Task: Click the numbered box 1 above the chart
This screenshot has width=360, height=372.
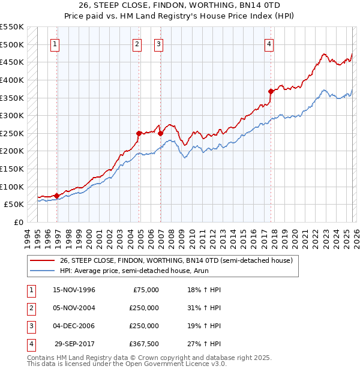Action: pyautogui.click(x=55, y=43)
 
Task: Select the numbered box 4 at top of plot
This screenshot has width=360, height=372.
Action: pyautogui.click(x=269, y=43)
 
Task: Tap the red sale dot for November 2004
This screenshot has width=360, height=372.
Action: pyautogui.click(x=139, y=133)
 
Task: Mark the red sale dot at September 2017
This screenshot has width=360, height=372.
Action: pyautogui.click(x=271, y=91)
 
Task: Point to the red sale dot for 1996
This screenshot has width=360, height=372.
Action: pyautogui.click(x=56, y=195)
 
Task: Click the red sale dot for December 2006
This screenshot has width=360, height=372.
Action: pyautogui.click(x=160, y=133)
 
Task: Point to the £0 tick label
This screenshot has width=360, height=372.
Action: pyautogui.click(x=18, y=222)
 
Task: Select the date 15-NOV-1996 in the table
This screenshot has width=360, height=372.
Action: pyautogui.click(x=74, y=290)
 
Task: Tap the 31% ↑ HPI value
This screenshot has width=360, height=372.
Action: pyautogui.click(x=200, y=308)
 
